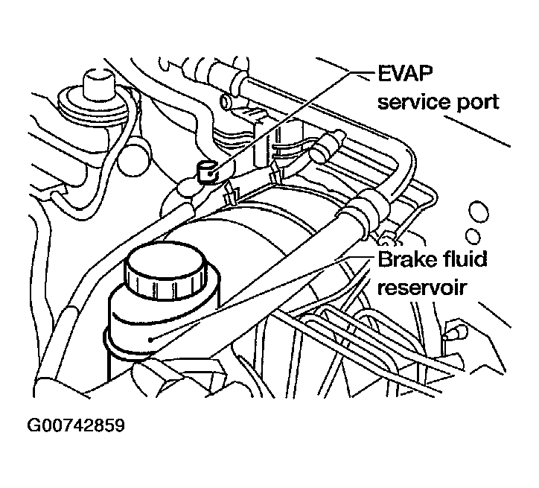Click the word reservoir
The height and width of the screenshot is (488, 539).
tap(421, 288)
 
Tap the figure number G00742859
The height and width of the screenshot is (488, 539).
tap(76, 425)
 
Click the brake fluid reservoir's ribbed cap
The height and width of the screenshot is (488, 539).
tap(166, 269)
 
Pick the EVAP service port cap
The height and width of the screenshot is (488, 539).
tap(207, 171)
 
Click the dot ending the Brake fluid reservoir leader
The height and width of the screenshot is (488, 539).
tap(150, 340)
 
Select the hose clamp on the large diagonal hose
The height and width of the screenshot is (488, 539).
tap(366, 210)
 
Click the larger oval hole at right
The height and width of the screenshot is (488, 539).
tap(478, 213)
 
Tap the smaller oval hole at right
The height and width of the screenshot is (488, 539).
tap(473, 236)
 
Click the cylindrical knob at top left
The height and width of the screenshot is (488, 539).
tap(98, 86)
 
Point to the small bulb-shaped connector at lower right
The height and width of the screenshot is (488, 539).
tap(456, 333)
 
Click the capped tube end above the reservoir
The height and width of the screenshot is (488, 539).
tap(328, 146)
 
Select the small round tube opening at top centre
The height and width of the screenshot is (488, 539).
tap(226, 101)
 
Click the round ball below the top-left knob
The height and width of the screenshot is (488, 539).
tap(133, 157)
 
